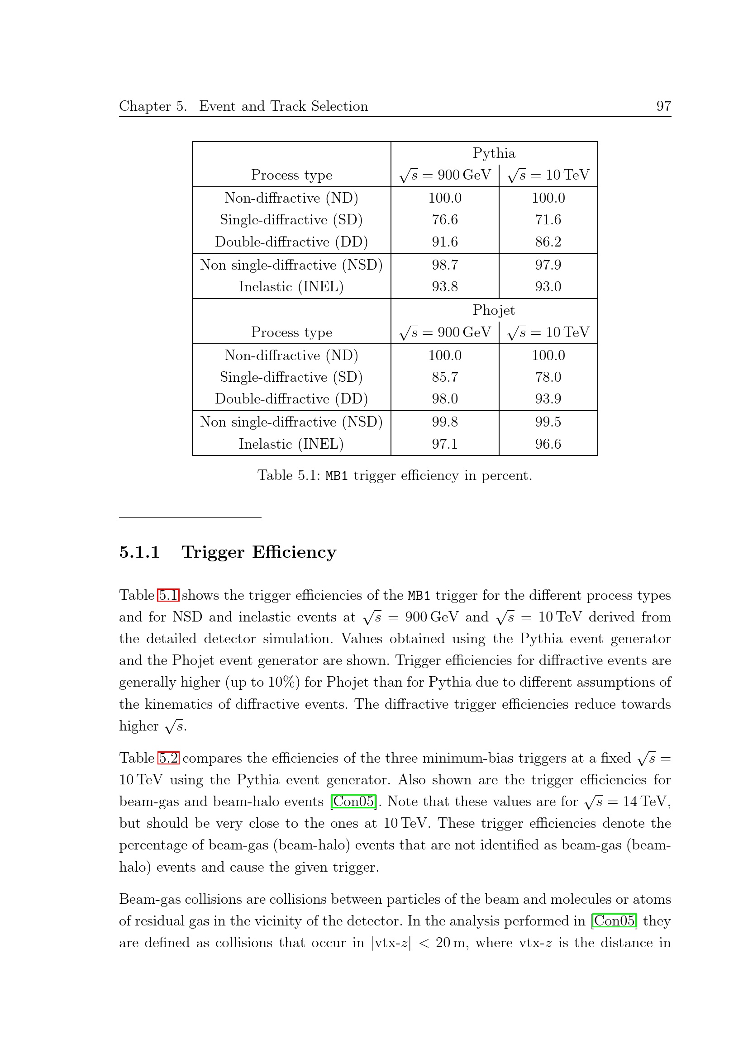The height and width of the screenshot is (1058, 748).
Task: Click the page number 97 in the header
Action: click(x=663, y=106)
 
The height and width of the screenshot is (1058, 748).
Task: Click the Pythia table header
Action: click(x=494, y=153)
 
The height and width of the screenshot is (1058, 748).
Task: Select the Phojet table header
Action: click(x=494, y=310)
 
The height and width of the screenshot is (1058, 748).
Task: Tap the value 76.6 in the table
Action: click(x=445, y=220)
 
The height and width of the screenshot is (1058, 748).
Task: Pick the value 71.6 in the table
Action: click(x=548, y=220)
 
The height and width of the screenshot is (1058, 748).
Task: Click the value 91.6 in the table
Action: click(x=445, y=242)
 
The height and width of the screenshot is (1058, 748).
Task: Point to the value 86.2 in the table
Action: click(x=548, y=242)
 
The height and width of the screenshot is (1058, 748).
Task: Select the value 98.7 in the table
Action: click(x=445, y=265)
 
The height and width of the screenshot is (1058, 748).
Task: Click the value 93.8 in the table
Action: click(x=445, y=287)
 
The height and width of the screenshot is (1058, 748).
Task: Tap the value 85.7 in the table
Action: click(x=445, y=377)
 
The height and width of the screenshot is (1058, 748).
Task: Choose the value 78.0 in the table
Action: click(x=548, y=377)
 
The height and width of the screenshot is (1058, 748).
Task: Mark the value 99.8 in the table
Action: click(x=445, y=422)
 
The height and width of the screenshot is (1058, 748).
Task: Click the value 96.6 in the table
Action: click(x=548, y=444)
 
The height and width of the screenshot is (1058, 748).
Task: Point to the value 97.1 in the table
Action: click(x=445, y=444)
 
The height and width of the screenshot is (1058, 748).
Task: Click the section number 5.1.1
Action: click(x=139, y=552)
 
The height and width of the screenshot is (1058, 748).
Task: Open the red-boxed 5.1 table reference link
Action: click(x=168, y=595)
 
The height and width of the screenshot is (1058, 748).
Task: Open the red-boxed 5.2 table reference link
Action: click(x=168, y=758)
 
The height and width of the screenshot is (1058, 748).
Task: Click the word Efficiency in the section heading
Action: click(x=294, y=552)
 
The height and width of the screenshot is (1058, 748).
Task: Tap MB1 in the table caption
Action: click(x=336, y=476)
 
